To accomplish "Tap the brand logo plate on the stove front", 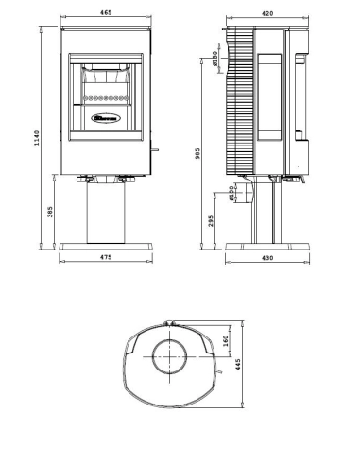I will pos(105,118).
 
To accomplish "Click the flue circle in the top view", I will pos(169,361).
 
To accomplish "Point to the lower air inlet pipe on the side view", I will pos(240,195).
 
